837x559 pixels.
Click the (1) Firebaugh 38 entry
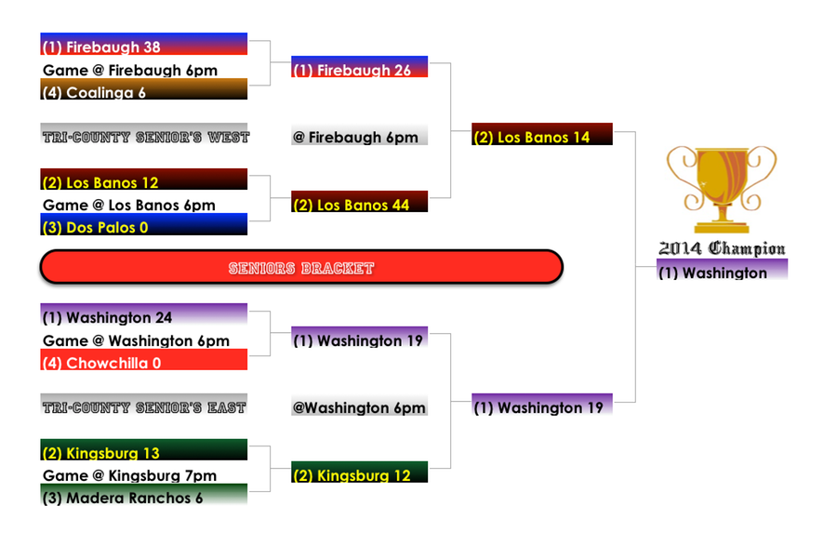pyautogui.click(x=144, y=46)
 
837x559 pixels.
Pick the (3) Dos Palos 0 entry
pyautogui.click(x=144, y=225)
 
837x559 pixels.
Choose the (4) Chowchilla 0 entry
pyautogui.click(x=144, y=361)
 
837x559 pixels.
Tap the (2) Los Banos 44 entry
pyautogui.click(x=359, y=203)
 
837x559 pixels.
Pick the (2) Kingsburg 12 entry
pyautogui.click(x=359, y=473)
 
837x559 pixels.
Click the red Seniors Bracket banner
pyautogui.click(x=301, y=268)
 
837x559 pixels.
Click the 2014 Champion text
pyautogui.click(x=722, y=248)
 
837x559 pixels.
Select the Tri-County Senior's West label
pyautogui.click(x=144, y=136)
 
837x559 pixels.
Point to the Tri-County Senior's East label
pyautogui.click(x=144, y=406)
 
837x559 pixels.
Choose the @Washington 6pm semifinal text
pyautogui.click(x=359, y=406)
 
